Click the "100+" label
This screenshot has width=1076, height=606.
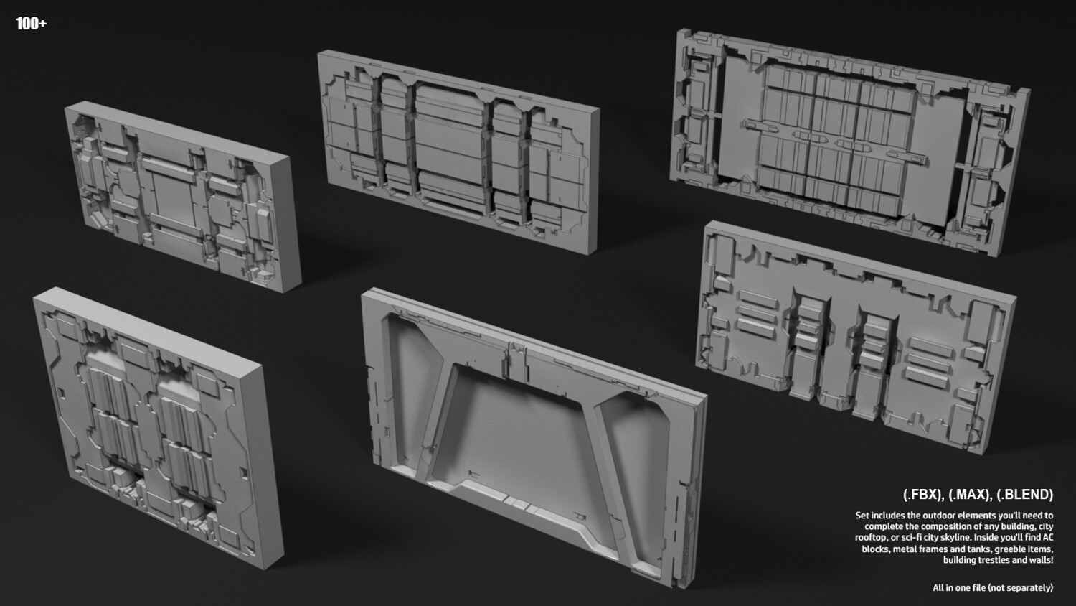tap(32, 23)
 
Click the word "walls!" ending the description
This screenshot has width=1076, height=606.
tap(1042, 560)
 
